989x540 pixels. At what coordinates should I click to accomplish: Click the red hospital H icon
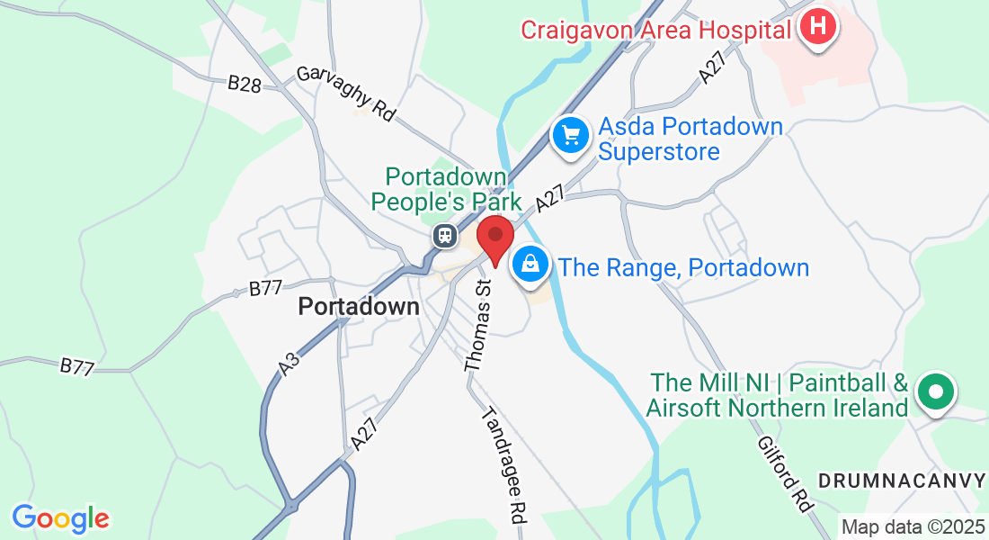817,27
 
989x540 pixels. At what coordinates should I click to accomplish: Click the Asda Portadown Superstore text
691,139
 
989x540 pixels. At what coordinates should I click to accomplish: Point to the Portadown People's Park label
447,189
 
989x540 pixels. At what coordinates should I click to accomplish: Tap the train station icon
444,236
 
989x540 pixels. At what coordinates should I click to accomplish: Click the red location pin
494,239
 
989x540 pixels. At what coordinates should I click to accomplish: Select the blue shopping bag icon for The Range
531,265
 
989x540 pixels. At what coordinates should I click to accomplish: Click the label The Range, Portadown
683,267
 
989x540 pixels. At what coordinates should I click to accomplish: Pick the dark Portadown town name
359,307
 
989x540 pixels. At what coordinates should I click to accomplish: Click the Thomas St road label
478,324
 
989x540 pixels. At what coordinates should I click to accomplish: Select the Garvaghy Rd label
345,94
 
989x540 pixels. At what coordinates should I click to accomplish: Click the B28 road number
244,84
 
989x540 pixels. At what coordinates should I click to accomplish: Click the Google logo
60,518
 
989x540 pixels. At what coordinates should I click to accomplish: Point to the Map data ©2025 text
913,526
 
